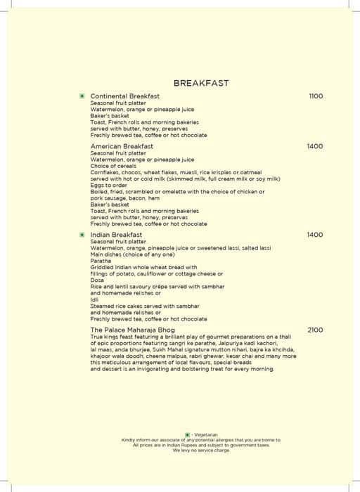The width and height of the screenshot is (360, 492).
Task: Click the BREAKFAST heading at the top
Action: coord(200,83)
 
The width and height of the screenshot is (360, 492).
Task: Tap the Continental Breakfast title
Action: coord(125,96)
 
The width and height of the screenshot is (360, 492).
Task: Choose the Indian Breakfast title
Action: coord(116,235)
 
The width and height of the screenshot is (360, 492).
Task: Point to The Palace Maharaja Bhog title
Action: coord(133,330)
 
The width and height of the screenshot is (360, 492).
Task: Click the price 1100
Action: coord(316,96)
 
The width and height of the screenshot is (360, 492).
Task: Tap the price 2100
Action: coord(315,330)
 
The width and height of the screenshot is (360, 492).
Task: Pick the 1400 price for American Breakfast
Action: coord(315,146)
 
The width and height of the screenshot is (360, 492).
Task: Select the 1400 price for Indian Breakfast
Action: coord(315,235)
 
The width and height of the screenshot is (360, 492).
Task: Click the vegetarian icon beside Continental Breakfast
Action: coord(82,96)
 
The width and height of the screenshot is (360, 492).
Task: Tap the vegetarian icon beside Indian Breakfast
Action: coord(82,235)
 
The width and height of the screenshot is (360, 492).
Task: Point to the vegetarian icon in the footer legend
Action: coord(188,435)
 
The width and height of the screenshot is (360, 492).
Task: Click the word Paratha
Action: coord(101,261)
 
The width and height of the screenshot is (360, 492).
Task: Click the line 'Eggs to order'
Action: coord(109,186)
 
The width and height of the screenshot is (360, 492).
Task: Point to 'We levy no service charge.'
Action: coord(200,450)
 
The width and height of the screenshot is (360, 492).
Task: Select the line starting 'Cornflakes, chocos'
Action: coord(176,172)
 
